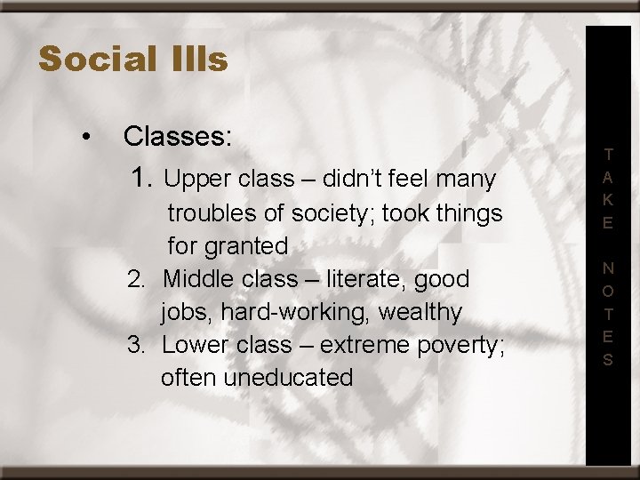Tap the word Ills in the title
click(196, 60)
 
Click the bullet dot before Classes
click(84, 137)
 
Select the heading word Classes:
click(178, 137)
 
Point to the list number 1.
click(142, 179)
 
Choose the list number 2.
click(136, 279)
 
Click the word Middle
click(197, 279)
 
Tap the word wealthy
click(420, 312)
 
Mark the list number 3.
click(136, 345)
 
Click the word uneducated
click(288, 378)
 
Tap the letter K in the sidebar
click(608, 200)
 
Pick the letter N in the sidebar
click(608, 268)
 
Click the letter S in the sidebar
click(608, 360)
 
